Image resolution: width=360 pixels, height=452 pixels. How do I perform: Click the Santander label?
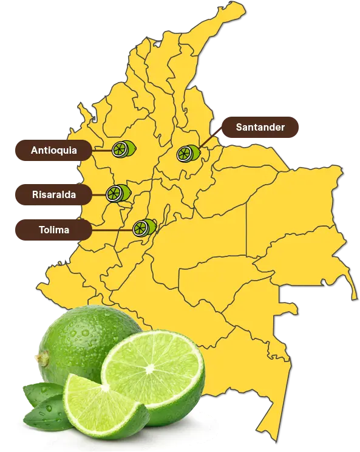pos(259,128)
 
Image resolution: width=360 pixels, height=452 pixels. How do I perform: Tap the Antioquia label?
pos(54,150)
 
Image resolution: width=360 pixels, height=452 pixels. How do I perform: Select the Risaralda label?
pos(54,195)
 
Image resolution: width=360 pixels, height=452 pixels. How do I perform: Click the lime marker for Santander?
pos(187,154)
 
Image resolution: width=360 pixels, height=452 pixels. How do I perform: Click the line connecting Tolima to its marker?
pos(112,230)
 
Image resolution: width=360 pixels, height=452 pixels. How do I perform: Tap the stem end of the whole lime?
pos(42,358)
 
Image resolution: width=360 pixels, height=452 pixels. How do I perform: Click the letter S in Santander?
pos(240,128)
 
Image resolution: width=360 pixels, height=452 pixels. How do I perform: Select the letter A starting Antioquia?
pos(35,150)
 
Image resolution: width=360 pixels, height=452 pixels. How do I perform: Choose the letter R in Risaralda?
pos(35,195)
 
